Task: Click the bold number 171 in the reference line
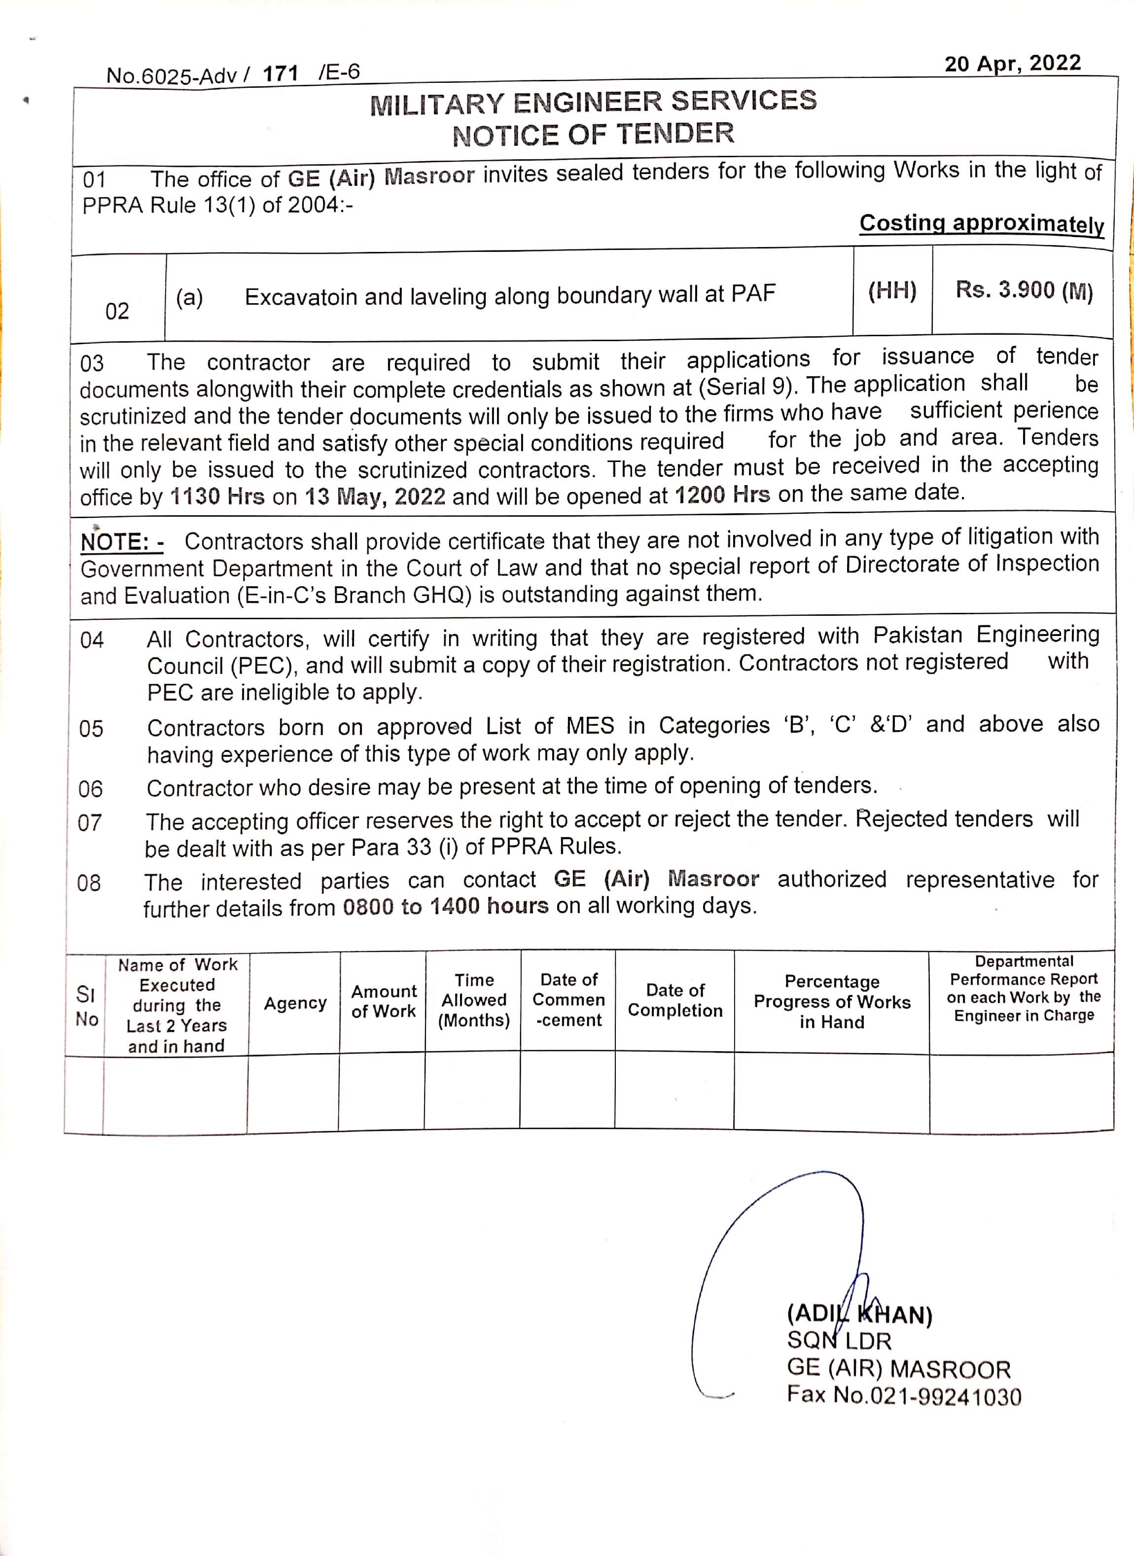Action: tap(280, 73)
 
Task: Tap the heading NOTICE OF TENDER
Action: tap(593, 134)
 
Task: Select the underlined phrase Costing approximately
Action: tap(981, 224)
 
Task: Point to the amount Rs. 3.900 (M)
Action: tap(1024, 290)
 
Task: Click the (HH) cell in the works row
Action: tap(892, 291)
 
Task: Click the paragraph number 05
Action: tap(91, 728)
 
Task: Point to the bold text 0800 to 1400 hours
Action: tap(446, 907)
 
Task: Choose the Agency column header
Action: tap(295, 1003)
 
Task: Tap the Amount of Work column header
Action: tap(383, 1001)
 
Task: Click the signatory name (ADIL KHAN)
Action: tap(859, 1314)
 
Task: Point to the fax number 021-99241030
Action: tap(945, 1397)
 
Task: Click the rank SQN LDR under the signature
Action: tap(838, 1341)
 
